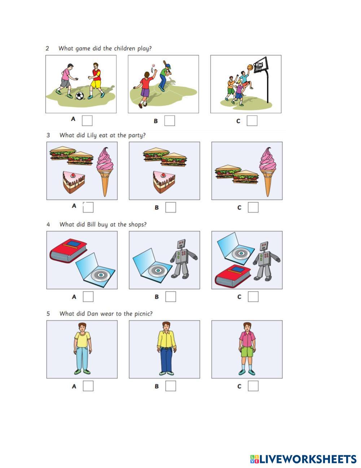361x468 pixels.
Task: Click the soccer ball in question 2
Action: point(80,95)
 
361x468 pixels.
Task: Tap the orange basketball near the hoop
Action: point(250,67)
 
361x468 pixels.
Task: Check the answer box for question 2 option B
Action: point(170,120)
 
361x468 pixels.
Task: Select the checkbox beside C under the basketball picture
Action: point(252,120)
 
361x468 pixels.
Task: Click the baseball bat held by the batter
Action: point(166,66)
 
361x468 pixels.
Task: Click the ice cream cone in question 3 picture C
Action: point(268,172)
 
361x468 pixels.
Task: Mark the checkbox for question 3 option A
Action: point(88,207)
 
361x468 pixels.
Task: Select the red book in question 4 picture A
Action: point(68,250)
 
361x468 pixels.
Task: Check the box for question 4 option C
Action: point(253,297)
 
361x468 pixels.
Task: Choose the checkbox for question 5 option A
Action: point(88,386)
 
